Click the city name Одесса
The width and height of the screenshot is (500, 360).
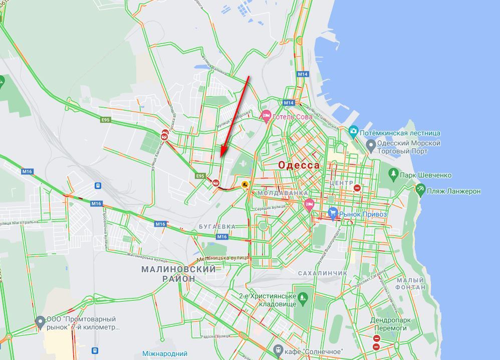coord(299,165)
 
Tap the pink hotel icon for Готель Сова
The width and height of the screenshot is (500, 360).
coord(266,116)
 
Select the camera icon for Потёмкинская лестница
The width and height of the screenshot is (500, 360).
coord(354,132)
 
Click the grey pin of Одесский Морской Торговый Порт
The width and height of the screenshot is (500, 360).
coord(371,146)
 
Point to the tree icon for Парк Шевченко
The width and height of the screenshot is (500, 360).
coord(393,174)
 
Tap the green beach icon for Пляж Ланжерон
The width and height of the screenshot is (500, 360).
coord(420,190)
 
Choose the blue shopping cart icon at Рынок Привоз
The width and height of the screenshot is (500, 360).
coord(333,213)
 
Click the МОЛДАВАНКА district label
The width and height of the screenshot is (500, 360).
coord(283,193)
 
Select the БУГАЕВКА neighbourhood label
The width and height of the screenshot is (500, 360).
coord(217,227)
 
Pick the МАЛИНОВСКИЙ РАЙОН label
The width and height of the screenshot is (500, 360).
coord(178,274)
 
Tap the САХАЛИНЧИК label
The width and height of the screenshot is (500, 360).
coord(322,273)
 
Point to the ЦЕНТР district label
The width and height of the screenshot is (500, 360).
coord(342,183)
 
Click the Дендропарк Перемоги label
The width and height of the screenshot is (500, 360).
coord(388,324)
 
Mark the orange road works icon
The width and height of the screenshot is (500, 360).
coord(245,184)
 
